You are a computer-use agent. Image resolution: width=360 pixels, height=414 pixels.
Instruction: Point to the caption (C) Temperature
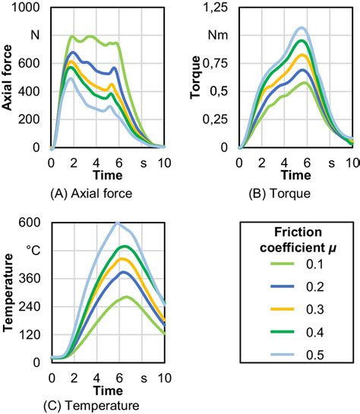pos(90,406)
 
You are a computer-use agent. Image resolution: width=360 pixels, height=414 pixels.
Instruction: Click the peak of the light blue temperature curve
pos(118,223)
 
